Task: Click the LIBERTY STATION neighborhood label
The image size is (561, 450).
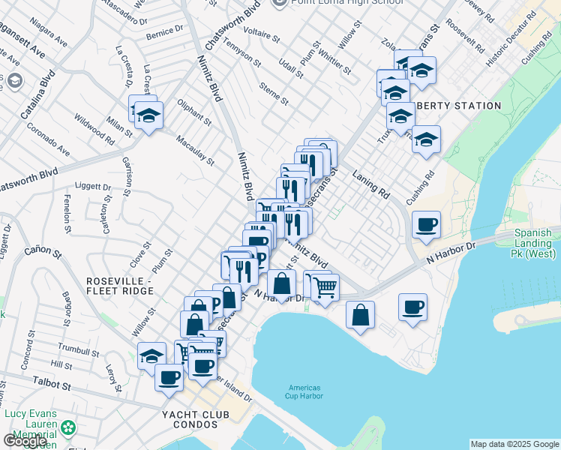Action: [x=457, y=106]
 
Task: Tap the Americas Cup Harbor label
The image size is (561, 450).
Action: [x=304, y=391]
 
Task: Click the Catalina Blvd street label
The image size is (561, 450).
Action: [x=37, y=94]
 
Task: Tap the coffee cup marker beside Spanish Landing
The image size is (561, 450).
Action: [x=426, y=224]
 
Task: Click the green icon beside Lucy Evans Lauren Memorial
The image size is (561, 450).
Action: [x=68, y=428]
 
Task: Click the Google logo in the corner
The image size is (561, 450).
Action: [x=25, y=441]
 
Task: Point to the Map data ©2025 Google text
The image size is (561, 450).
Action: [x=514, y=444]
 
